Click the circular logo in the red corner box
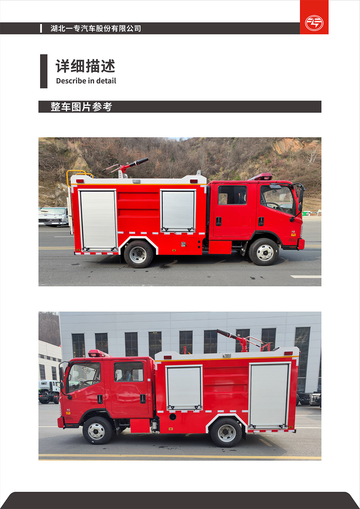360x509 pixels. pyautogui.click(x=314, y=23)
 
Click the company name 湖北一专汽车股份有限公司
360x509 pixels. pyautogui.click(x=96, y=28)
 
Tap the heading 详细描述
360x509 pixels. pyautogui.click(x=86, y=66)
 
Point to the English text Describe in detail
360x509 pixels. pyautogui.click(x=86, y=81)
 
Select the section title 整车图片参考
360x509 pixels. pyautogui.click(x=81, y=107)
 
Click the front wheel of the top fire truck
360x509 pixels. pyautogui.click(x=264, y=252)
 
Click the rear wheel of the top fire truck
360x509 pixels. pyautogui.click(x=139, y=254)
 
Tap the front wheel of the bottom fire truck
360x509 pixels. pyautogui.click(x=97, y=431)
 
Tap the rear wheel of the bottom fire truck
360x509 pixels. pyautogui.click(x=226, y=433)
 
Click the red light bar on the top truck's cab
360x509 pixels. pyautogui.click(x=261, y=177)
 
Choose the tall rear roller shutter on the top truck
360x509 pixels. pyautogui.click(x=98, y=220)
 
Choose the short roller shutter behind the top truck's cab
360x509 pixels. pyautogui.click(x=178, y=211)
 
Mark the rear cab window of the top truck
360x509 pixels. pyautogui.click(x=232, y=195)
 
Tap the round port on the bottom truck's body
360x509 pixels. pyautogui.click(x=172, y=417)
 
